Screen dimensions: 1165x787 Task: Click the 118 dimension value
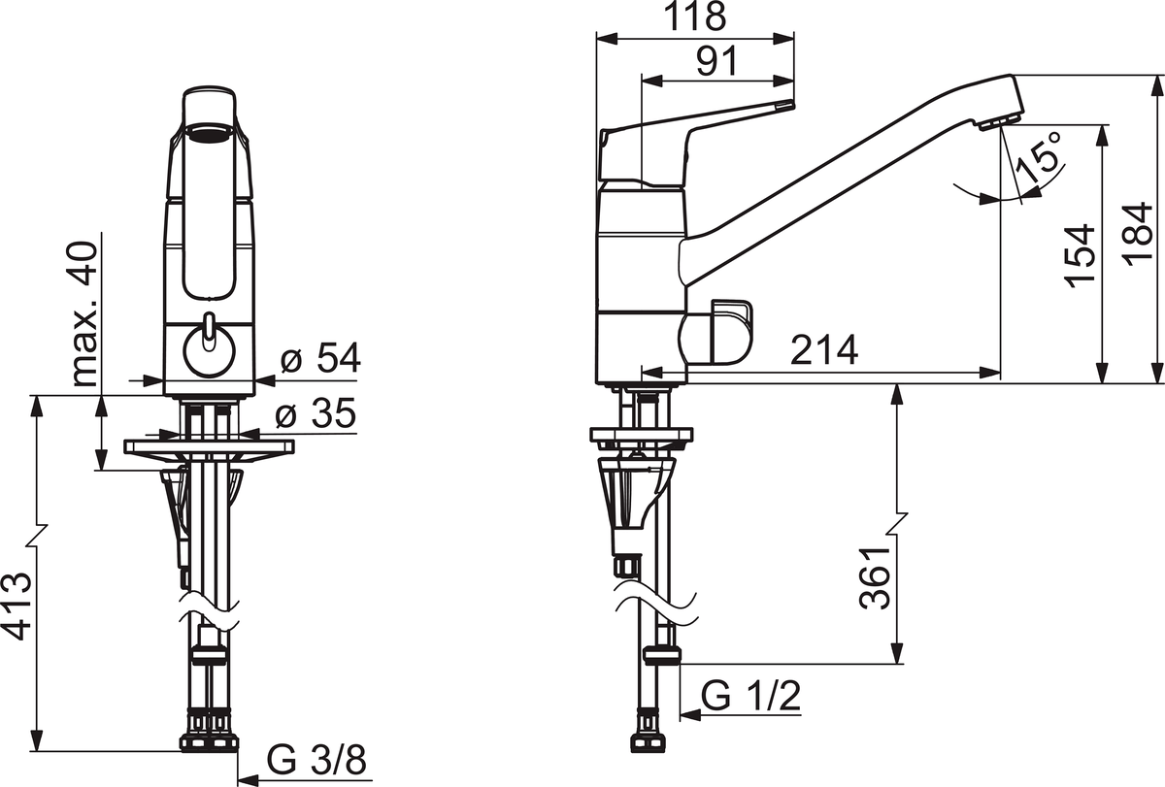(x=695, y=16)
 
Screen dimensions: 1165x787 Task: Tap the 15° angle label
(x=1039, y=157)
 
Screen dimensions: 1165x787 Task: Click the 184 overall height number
(x=1138, y=235)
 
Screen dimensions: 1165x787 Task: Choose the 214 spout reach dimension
(x=824, y=350)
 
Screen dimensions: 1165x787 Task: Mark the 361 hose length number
(x=876, y=577)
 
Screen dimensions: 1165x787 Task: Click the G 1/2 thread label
(x=751, y=696)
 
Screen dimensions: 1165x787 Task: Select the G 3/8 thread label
(x=316, y=760)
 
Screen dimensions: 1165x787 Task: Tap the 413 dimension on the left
(x=17, y=607)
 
